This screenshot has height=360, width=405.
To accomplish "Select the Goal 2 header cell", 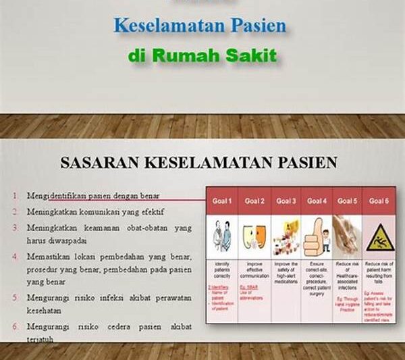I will click(254, 201).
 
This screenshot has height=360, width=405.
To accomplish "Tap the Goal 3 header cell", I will click(285, 201).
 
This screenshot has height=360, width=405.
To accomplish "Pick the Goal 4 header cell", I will click(316, 201).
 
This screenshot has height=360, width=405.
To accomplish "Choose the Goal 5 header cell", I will click(347, 201).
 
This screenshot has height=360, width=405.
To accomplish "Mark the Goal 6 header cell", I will click(378, 201).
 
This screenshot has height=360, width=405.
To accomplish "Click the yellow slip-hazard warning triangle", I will click(377, 236).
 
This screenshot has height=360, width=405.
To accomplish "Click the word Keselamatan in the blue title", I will click(161, 26).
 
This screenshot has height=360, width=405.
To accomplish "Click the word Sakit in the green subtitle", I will click(252, 55).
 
